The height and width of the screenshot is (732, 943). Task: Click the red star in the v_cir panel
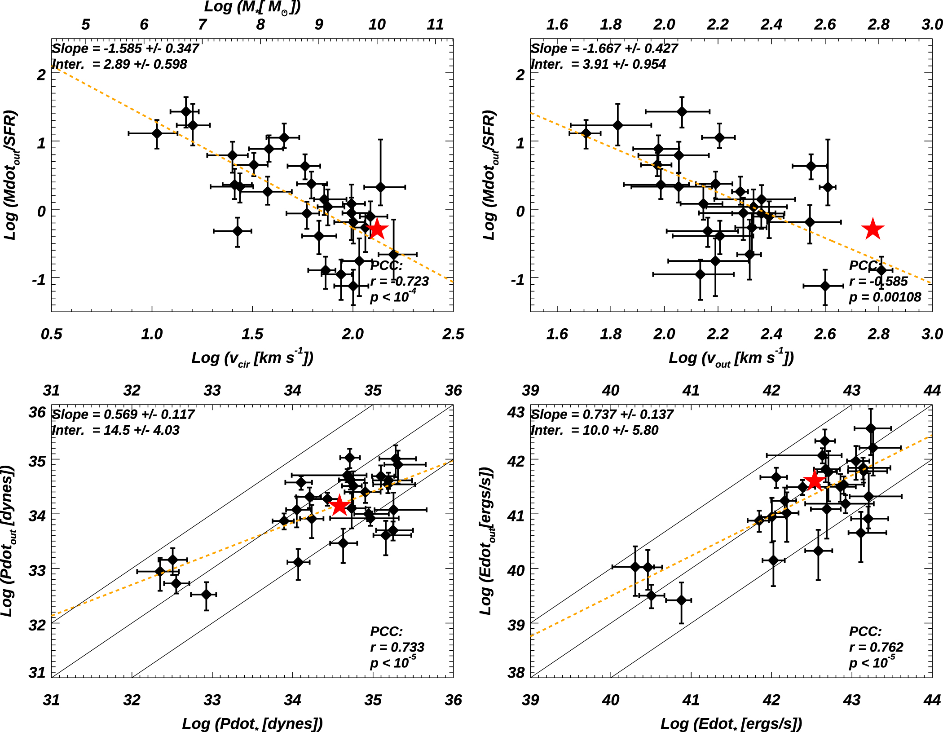click(x=377, y=229)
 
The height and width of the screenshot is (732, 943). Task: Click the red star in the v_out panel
click(x=872, y=229)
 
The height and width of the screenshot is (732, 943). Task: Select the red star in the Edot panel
click(x=814, y=481)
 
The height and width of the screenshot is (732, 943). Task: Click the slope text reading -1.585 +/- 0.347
click(x=125, y=48)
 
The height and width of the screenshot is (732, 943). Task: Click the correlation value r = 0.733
click(x=397, y=647)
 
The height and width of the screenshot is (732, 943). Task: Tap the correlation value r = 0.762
click(x=876, y=647)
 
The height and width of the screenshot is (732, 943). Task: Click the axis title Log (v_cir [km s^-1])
click(x=252, y=358)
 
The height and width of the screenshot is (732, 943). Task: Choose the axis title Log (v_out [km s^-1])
click(x=731, y=358)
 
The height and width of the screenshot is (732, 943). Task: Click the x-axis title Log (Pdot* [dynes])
click(x=252, y=723)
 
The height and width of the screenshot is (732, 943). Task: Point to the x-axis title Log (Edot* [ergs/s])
click(x=731, y=723)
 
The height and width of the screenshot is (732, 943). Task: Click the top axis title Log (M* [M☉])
click(x=252, y=7)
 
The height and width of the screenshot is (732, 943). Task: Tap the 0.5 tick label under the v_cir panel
click(x=51, y=334)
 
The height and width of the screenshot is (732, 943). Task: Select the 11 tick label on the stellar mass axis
click(x=435, y=24)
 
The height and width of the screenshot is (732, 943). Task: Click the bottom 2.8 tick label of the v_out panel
click(x=878, y=334)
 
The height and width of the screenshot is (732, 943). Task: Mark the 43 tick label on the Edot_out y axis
click(x=516, y=412)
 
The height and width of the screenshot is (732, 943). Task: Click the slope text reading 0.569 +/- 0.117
click(x=123, y=414)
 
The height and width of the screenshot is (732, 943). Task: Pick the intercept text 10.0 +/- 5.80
click(x=595, y=430)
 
